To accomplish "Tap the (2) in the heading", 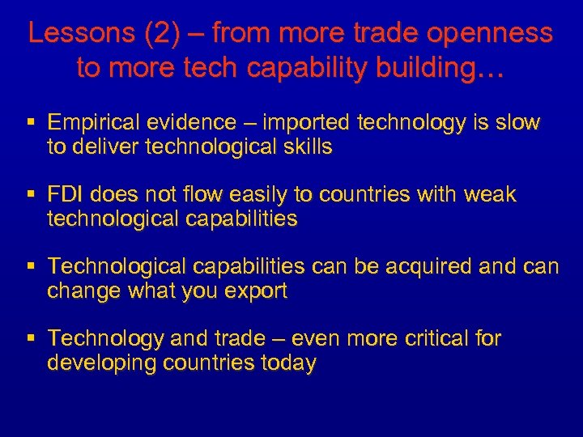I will tap(156, 34).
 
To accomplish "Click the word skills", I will tap(304, 148).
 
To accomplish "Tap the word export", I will tap(254, 291).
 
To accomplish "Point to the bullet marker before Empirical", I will tap(31, 123).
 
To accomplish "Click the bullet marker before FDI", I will tap(31, 195).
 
